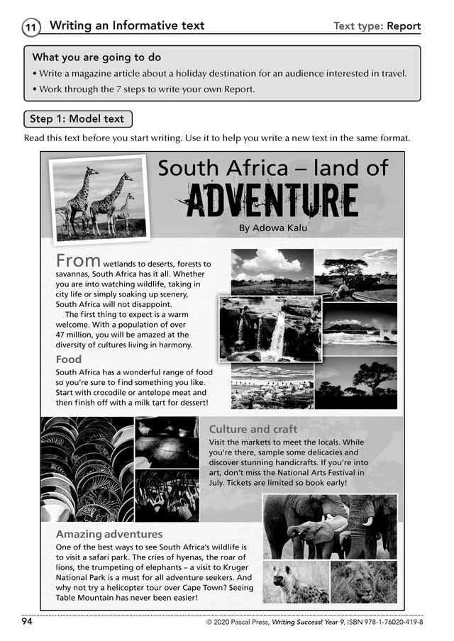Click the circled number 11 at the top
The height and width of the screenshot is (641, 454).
click(x=31, y=28)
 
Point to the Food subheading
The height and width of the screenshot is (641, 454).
click(x=69, y=359)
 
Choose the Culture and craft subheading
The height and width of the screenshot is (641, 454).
click(x=253, y=429)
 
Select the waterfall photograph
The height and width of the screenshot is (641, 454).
click(x=270, y=329)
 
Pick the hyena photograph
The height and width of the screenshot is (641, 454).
click(x=296, y=582)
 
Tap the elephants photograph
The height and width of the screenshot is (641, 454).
click(x=330, y=526)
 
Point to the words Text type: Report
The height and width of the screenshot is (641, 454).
click(x=377, y=26)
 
